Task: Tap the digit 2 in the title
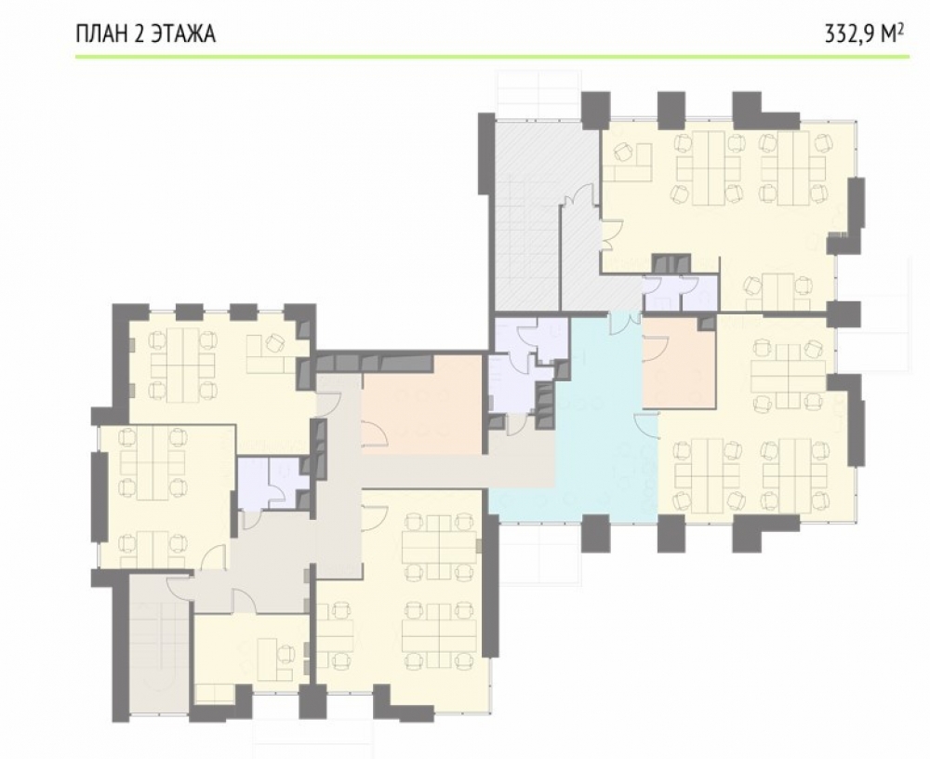click(139, 33)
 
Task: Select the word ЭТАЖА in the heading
click(183, 33)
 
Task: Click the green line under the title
click(492, 57)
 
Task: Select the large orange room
click(422, 405)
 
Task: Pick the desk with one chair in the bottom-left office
click(275, 659)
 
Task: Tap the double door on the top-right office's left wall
click(612, 233)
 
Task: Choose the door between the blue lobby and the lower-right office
click(647, 425)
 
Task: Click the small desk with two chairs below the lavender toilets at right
click(777, 287)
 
